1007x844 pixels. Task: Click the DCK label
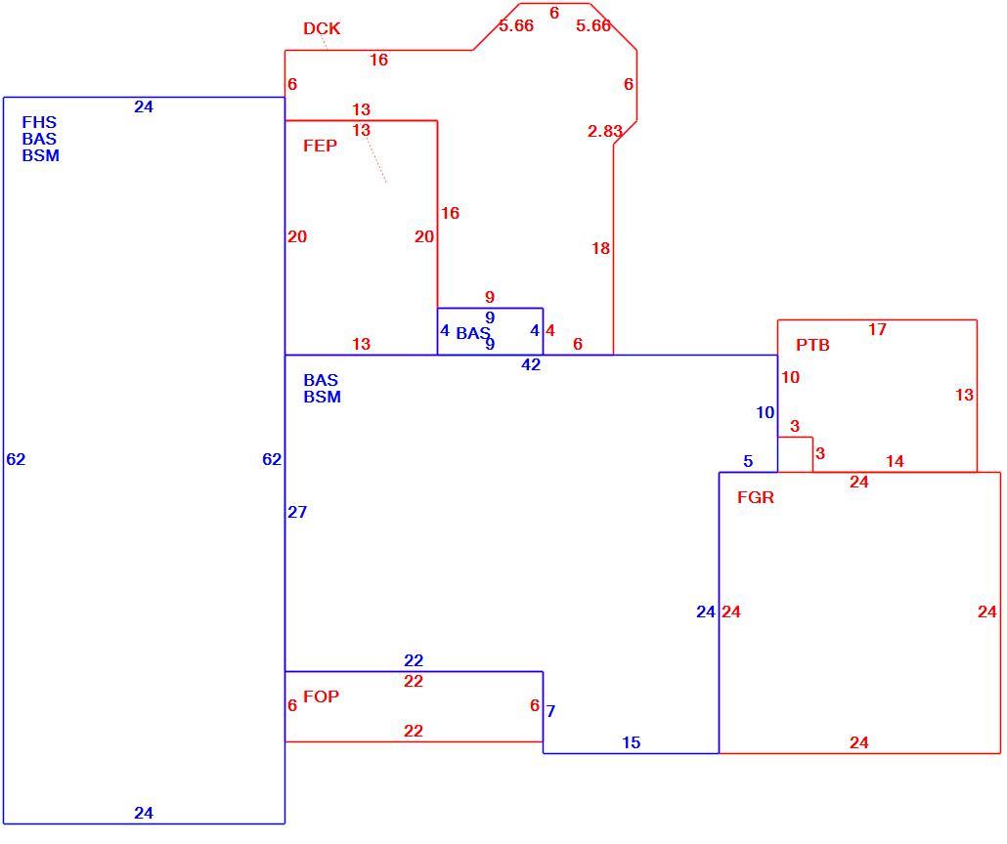point(321,28)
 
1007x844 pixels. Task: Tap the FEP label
point(320,146)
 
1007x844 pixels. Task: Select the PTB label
point(812,345)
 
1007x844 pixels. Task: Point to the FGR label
point(755,497)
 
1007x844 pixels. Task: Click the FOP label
point(321,696)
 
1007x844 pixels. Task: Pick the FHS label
point(39,122)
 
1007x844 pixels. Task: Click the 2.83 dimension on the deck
point(605,131)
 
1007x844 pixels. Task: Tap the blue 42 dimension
point(531,364)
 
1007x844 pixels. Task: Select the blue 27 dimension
point(296,512)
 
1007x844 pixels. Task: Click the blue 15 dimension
point(631,742)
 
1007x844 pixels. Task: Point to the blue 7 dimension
point(550,711)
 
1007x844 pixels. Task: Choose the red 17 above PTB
point(877,329)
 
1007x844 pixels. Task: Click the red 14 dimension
point(895,461)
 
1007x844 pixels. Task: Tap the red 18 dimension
point(600,248)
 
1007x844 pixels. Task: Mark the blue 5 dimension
point(748,461)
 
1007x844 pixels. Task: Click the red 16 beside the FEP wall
point(450,213)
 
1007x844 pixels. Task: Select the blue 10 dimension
point(765,412)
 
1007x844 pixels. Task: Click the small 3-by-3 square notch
point(795,454)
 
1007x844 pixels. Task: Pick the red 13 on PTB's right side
point(964,395)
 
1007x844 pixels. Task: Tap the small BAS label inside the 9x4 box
point(472,333)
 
